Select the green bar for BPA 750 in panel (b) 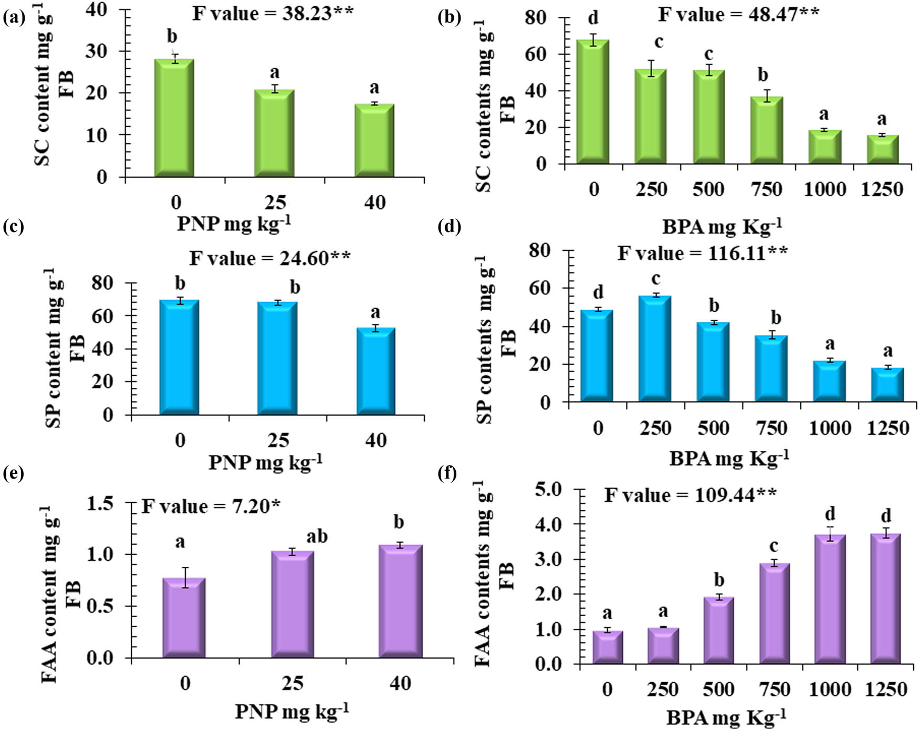coord(767,130)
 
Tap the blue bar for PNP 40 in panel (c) coord(375,372)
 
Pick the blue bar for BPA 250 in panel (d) coord(655,349)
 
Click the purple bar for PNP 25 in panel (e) coord(292,604)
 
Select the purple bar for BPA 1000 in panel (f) coord(830,599)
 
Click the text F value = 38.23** coord(273,13)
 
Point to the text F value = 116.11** coord(702,253)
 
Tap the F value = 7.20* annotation coord(211,506)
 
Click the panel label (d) coord(449,227)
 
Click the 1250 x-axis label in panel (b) coord(882,189)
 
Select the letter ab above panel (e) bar coord(317,536)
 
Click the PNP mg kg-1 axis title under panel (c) coord(265,462)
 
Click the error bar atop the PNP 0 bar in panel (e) coord(184,577)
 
